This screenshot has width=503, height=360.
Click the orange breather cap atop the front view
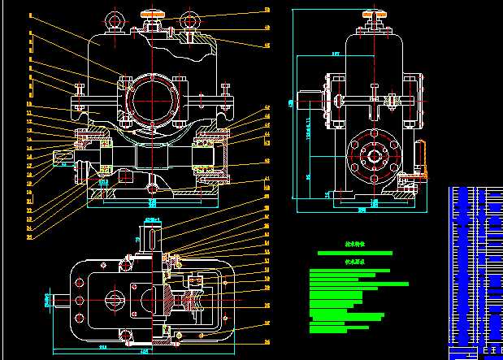(x=152, y=13)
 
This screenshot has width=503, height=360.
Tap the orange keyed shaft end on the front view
(x=63, y=156)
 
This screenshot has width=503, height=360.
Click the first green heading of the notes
(x=354, y=243)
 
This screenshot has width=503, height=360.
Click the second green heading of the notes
(x=355, y=262)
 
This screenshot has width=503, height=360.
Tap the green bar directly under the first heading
(x=354, y=253)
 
